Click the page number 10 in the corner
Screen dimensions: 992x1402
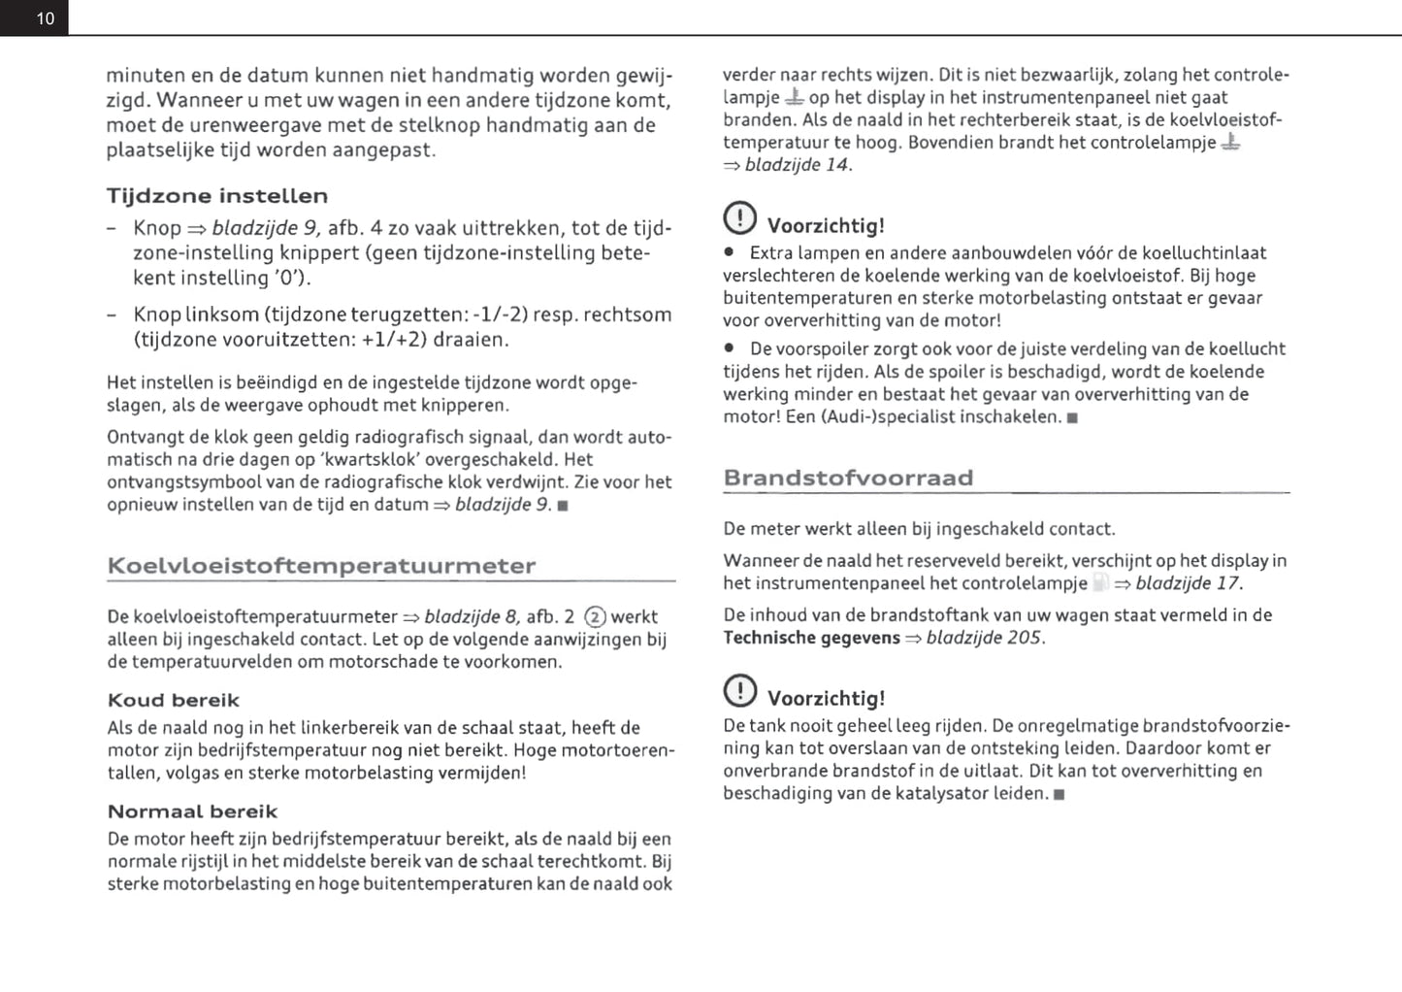(45, 18)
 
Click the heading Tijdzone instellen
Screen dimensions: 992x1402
(217, 196)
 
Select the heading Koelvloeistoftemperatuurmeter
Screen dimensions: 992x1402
(321, 566)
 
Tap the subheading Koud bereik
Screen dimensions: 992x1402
(173, 701)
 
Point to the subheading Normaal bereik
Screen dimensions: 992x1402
(192, 811)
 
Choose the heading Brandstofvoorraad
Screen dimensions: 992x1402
(848, 478)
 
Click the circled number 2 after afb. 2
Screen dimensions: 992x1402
(596, 617)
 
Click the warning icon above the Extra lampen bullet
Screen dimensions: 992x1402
(739, 217)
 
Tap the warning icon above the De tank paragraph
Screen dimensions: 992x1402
(739, 690)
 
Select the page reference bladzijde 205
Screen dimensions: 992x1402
(984, 638)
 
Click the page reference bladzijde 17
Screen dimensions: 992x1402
(1188, 583)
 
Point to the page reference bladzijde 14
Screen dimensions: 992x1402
(798, 165)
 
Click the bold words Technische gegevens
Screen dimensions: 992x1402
(811, 638)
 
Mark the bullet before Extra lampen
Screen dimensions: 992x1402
(730, 253)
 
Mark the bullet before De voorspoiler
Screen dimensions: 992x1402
(730, 349)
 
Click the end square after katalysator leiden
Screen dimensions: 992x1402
(1059, 794)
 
